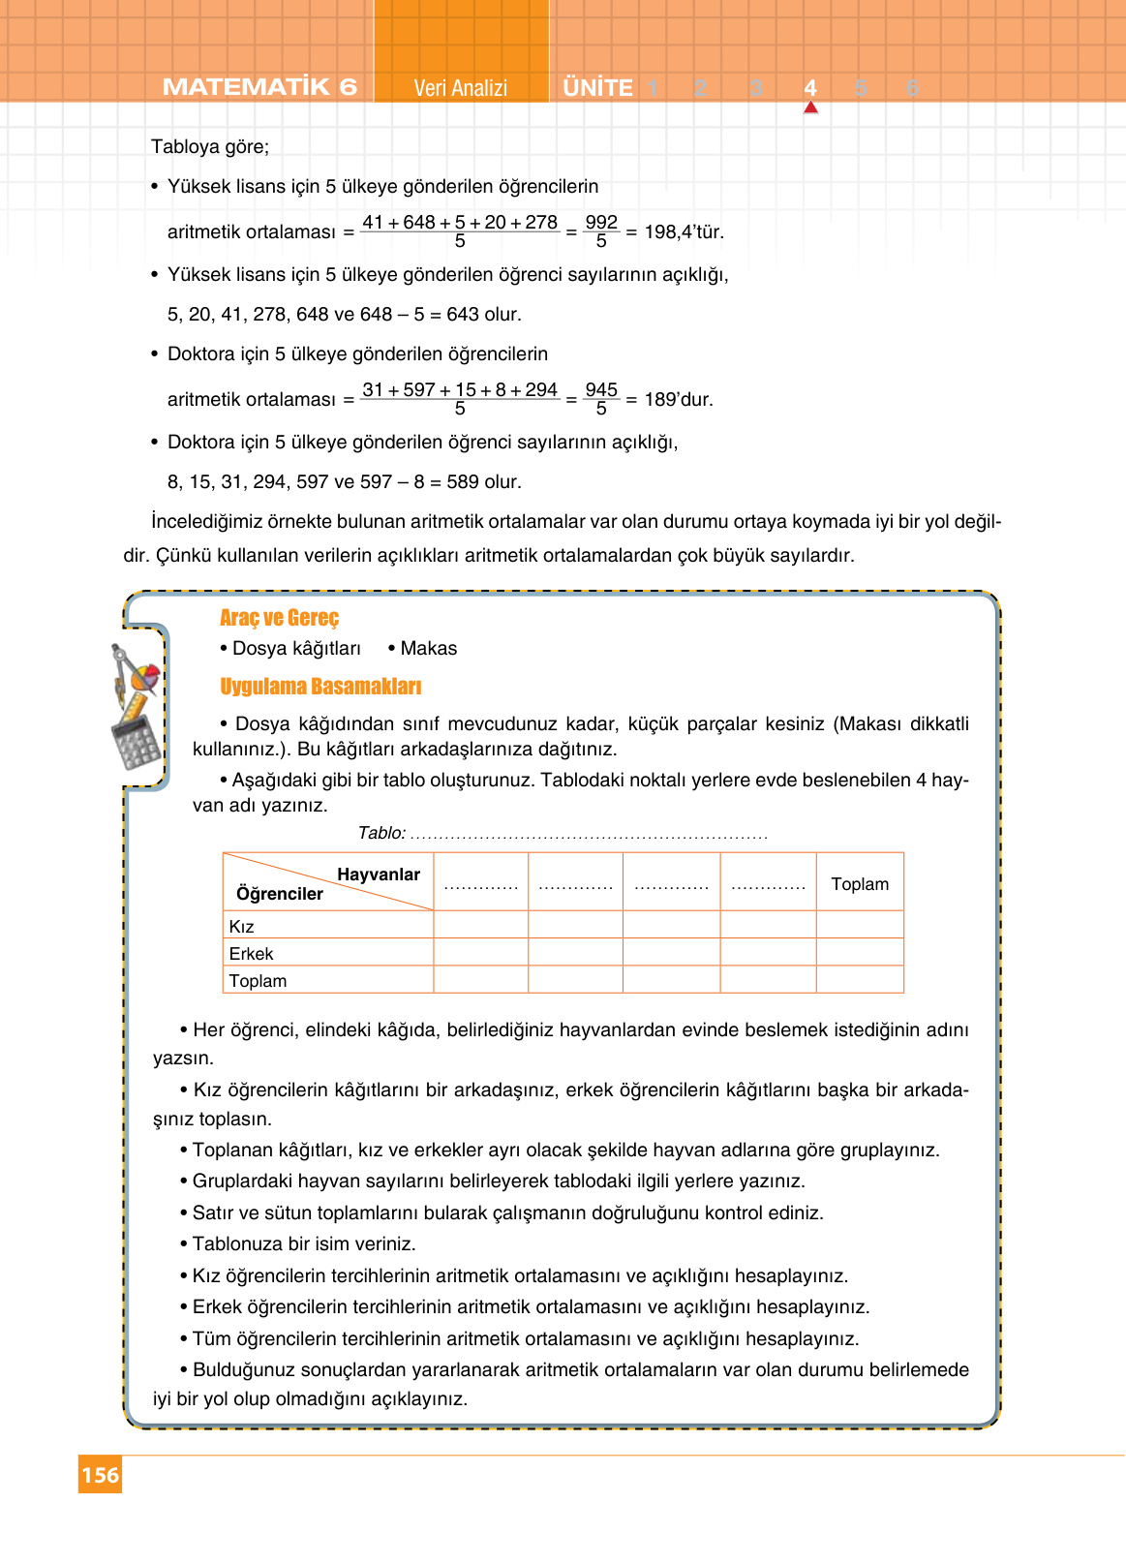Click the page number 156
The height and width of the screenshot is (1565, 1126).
(100, 1475)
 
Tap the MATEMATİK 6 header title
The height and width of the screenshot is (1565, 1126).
(259, 87)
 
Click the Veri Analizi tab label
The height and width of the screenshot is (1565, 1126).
(460, 88)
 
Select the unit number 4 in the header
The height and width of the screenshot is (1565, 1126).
(810, 88)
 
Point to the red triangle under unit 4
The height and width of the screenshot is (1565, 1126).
(810, 107)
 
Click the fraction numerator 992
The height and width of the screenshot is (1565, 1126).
(601, 222)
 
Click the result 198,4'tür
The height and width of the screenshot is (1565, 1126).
(684, 232)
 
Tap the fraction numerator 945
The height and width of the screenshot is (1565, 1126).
(601, 389)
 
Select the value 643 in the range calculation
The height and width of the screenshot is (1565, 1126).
(463, 315)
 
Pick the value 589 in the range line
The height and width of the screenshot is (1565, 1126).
(463, 482)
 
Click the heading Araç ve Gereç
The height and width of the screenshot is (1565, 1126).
(279, 618)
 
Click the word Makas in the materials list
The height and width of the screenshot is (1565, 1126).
(428, 649)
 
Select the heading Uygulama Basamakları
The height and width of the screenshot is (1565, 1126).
(320, 687)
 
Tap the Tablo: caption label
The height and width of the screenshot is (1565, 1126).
(381, 833)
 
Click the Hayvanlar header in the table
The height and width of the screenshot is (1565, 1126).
(378, 875)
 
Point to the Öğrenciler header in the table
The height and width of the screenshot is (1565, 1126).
(280, 894)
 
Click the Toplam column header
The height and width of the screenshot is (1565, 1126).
(860, 884)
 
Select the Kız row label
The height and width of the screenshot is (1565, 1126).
(241, 927)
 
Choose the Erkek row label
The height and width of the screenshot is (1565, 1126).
(251, 954)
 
